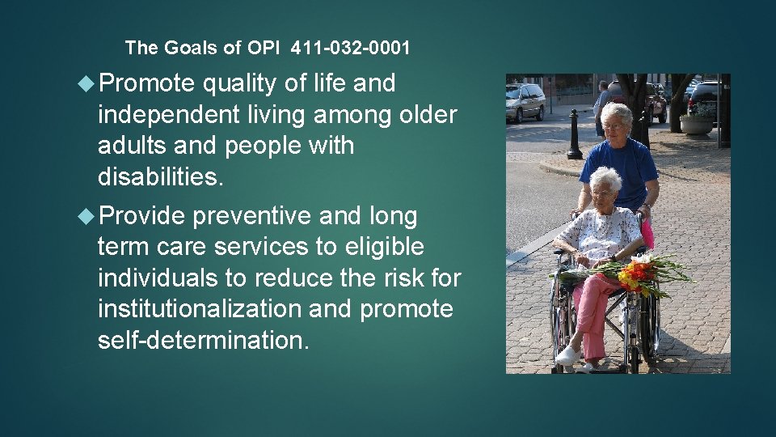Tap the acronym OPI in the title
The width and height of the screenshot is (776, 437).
pos(265,48)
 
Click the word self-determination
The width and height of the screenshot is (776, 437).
pos(203,340)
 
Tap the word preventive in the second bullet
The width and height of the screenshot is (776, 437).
pos(251,217)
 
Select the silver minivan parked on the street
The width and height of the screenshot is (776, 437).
pos(525,101)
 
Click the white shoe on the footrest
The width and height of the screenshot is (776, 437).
pos(568,354)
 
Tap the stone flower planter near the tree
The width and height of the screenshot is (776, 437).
pos(697,122)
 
